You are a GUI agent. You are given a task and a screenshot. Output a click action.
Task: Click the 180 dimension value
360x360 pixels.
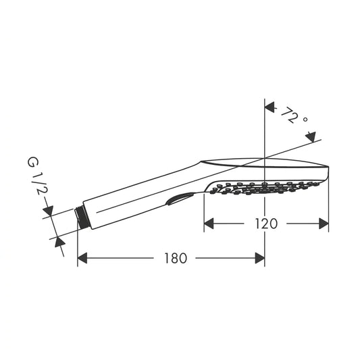pyautogui.click(x=176, y=258)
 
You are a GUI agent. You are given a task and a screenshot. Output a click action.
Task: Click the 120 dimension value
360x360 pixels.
pyautogui.click(x=266, y=224)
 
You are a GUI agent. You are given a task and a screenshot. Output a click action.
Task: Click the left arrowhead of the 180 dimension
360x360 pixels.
pyautogui.click(x=82, y=258)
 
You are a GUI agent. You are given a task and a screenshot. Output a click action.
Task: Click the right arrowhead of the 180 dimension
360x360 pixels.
pyautogui.click(x=260, y=258)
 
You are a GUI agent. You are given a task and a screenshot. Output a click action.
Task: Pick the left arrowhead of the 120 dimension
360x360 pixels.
pyautogui.click(x=209, y=224)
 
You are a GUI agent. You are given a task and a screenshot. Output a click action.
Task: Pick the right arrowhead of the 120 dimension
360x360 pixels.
pyautogui.click(x=324, y=224)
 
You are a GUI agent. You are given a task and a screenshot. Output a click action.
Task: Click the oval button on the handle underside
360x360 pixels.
pyautogui.click(x=179, y=199)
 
